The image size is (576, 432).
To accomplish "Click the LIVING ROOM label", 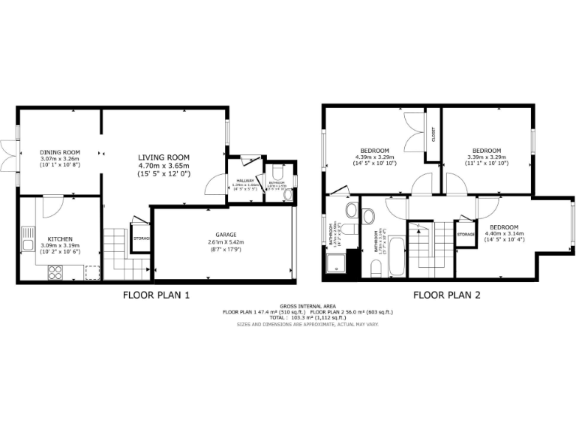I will pyautogui.click(x=163, y=157).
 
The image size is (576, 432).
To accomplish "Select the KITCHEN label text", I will pyautogui.click(x=59, y=238).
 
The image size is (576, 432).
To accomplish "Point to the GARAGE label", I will pyautogui.click(x=226, y=235).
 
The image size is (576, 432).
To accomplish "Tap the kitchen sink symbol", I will pyautogui.click(x=28, y=241).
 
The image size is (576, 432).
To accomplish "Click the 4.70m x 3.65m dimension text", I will pyautogui.click(x=163, y=166).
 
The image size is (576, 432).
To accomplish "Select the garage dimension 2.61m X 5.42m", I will pyautogui.click(x=226, y=242).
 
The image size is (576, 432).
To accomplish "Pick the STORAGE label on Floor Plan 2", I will pyautogui.click(x=466, y=235).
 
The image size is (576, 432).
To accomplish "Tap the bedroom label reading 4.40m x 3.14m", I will pyautogui.click(x=504, y=234).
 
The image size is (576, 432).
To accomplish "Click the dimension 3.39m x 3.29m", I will pyautogui.click(x=487, y=157).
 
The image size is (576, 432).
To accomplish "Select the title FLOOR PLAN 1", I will pyautogui.click(x=156, y=295).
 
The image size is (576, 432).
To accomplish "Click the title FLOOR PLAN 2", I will pyautogui.click(x=446, y=295).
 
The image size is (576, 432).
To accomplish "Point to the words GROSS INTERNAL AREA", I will pyautogui.click(x=302, y=306).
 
